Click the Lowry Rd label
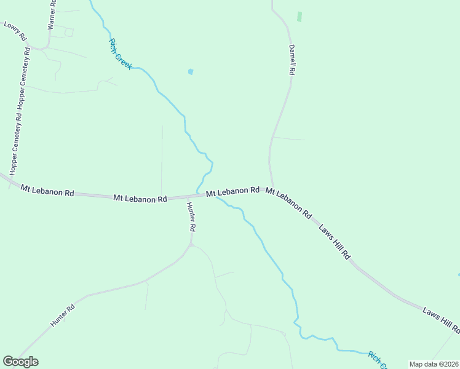click(x=15, y=31)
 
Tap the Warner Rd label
click(x=52, y=14)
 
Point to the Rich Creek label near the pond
click(x=120, y=54)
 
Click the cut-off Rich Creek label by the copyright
click(x=376, y=360)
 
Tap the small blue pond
click(x=191, y=72)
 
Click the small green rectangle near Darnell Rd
click(x=299, y=17)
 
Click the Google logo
click(x=20, y=362)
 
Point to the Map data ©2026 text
click(x=433, y=364)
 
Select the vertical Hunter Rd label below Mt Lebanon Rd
click(x=191, y=216)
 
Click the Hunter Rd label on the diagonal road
click(x=63, y=314)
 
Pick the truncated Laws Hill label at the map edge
click(x=441, y=320)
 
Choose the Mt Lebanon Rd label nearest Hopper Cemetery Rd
click(x=47, y=191)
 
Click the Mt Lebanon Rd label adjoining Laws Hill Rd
click(x=288, y=203)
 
